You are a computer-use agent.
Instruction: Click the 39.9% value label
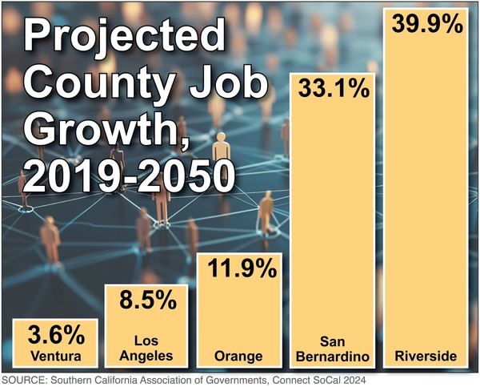click(x=428, y=24)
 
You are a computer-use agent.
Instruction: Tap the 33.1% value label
click(x=334, y=87)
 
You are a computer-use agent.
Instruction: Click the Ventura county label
click(x=54, y=355)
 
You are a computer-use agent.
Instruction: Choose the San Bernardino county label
click(x=334, y=347)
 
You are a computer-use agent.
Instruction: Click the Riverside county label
click(x=428, y=355)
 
